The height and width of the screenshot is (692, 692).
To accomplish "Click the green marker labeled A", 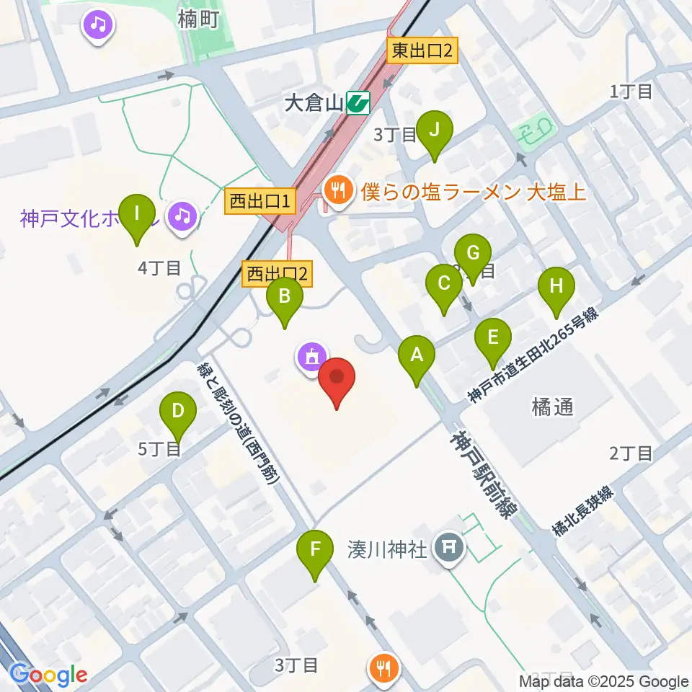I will pos(417,355).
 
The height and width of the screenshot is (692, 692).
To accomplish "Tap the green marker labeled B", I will pos(285,296).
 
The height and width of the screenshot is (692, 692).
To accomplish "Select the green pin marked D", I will pos(178,412).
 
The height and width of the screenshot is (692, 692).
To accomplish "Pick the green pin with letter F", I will pos(316,549).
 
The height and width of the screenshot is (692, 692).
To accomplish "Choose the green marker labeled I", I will pos(138,213).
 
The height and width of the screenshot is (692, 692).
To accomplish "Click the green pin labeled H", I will pos(556,286).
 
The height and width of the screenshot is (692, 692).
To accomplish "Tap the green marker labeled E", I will pos(493,337).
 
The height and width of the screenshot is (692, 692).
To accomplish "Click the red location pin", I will pos(337,378).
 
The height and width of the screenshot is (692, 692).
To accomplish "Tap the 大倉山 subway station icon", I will pos(358,104).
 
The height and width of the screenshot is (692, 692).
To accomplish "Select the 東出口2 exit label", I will pos(423,52).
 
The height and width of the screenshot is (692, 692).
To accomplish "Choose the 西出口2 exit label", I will pos(278,273).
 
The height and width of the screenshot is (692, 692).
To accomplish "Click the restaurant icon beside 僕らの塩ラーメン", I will pos(336,191).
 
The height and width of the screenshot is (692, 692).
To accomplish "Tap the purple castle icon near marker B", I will pos(311,355).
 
